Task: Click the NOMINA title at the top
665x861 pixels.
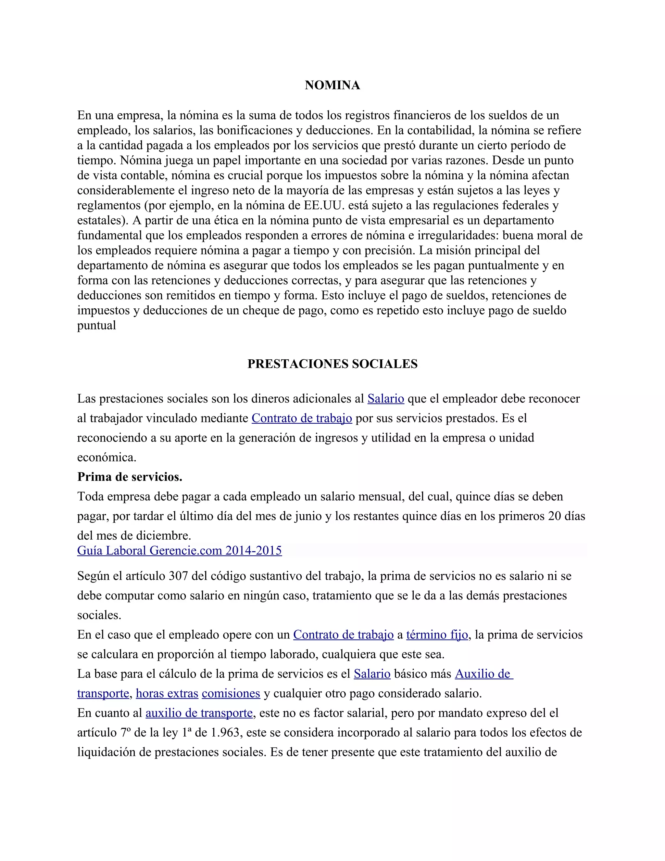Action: coord(332,85)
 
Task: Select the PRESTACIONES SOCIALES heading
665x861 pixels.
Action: coord(332,364)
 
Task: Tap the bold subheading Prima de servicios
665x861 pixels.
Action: coord(130,477)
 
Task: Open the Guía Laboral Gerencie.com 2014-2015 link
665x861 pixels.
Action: coord(179,550)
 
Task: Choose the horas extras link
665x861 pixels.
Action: coord(167,693)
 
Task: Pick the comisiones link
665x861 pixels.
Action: coord(231,693)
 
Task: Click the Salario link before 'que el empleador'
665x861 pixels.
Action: coord(386,399)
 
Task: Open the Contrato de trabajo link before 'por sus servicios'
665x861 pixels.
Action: coord(302,418)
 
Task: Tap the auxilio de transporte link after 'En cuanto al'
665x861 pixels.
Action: coord(199,713)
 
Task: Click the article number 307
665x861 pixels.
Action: coord(178,576)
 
